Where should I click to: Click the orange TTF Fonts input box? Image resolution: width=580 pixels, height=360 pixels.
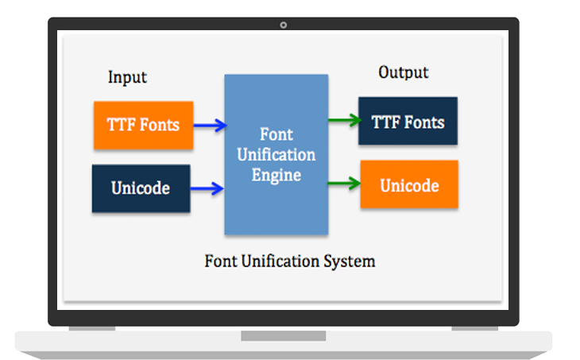(143, 126)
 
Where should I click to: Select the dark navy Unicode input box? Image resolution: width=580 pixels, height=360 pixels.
(141, 188)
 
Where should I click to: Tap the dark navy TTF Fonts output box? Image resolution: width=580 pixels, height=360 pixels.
(408, 122)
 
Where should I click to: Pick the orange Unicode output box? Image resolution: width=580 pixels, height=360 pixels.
(409, 185)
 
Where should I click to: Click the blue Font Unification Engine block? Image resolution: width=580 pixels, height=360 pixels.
(276, 154)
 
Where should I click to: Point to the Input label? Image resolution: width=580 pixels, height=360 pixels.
(127, 77)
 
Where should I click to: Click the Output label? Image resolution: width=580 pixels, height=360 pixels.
(403, 72)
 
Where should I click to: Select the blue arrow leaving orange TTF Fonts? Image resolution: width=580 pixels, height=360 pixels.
(210, 125)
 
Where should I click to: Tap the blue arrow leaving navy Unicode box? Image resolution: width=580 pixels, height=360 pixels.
(207, 188)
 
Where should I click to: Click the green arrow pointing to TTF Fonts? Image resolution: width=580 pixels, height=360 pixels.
(343, 122)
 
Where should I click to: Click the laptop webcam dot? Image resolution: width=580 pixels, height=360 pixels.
(284, 25)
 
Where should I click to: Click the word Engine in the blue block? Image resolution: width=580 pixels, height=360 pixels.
(276, 174)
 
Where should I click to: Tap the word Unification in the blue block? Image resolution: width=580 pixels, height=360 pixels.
(276, 154)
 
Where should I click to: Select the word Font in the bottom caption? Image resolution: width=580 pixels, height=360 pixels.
(219, 261)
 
